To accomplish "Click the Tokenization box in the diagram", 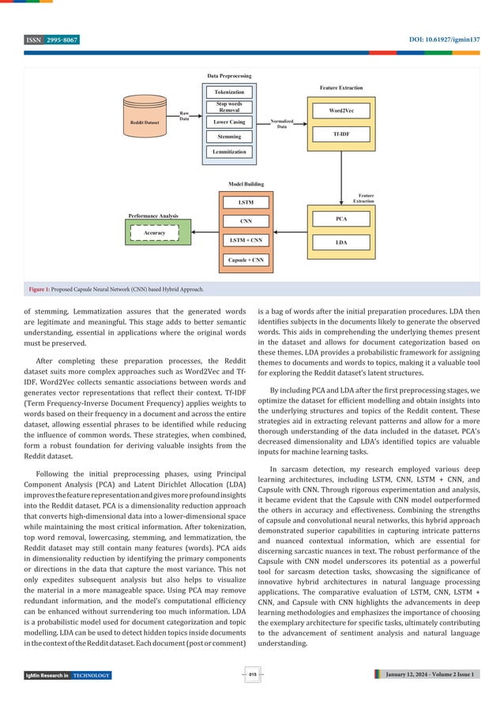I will click(229, 92).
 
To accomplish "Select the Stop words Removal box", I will click(229, 107).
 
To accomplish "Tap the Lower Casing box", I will click(229, 122).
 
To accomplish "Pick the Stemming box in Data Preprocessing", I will click(229, 137).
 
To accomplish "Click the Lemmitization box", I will click(229, 152).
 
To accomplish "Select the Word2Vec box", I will click(340, 111).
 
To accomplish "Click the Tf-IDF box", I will click(340, 135).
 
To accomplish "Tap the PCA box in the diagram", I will click(340, 217).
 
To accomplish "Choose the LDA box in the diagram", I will click(340, 241).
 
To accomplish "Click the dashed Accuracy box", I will click(154, 233).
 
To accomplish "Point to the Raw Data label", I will click(184, 115).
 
